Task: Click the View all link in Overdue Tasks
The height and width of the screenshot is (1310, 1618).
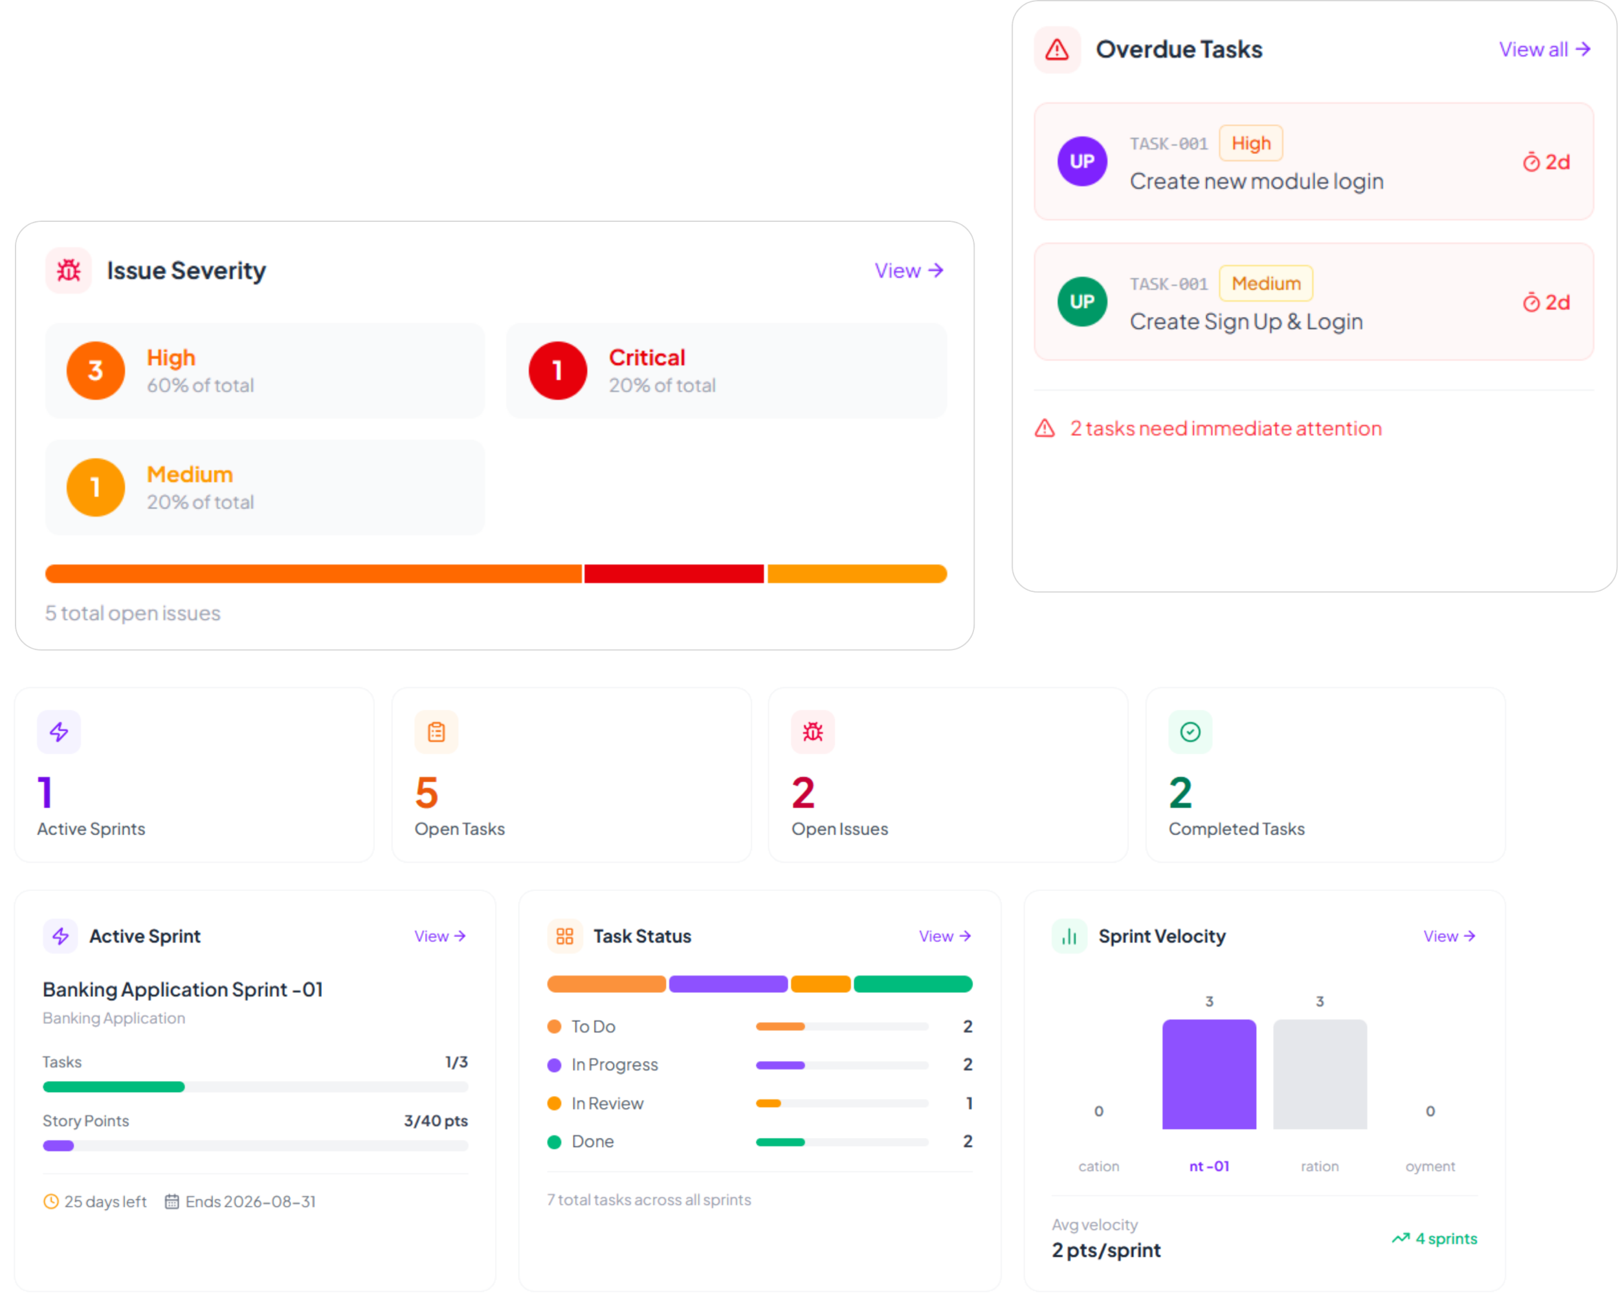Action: pyautogui.click(x=1544, y=49)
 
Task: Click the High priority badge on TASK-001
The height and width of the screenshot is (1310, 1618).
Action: pyautogui.click(x=1250, y=144)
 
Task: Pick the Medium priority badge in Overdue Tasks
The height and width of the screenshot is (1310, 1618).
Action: pyautogui.click(x=1265, y=284)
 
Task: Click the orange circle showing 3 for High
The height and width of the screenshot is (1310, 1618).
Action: pyautogui.click(x=96, y=371)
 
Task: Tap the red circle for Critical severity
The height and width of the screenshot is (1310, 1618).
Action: pyautogui.click(x=557, y=371)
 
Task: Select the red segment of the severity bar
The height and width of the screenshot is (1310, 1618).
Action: pyautogui.click(x=674, y=574)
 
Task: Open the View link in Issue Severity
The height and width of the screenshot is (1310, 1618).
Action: pyautogui.click(x=908, y=270)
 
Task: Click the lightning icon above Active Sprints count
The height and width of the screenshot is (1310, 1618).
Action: pyautogui.click(x=59, y=731)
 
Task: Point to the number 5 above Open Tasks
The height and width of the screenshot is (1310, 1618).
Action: pyautogui.click(x=427, y=792)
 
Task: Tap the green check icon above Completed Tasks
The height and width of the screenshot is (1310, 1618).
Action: pyautogui.click(x=1190, y=731)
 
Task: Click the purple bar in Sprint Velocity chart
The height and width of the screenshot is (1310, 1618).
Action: pyautogui.click(x=1209, y=1074)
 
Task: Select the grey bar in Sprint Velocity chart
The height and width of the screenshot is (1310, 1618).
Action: pyautogui.click(x=1320, y=1074)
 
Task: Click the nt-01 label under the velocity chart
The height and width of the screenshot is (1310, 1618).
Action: pyautogui.click(x=1209, y=1166)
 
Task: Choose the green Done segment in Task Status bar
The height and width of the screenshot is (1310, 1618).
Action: pyautogui.click(x=913, y=984)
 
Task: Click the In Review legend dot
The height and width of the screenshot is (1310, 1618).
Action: pyautogui.click(x=554, y=1103)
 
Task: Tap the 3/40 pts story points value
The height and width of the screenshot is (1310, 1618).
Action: pyautogui.click(x=436, y=1120)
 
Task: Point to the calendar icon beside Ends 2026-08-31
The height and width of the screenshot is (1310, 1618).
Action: pyautogui.click(x=172, y=1201)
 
